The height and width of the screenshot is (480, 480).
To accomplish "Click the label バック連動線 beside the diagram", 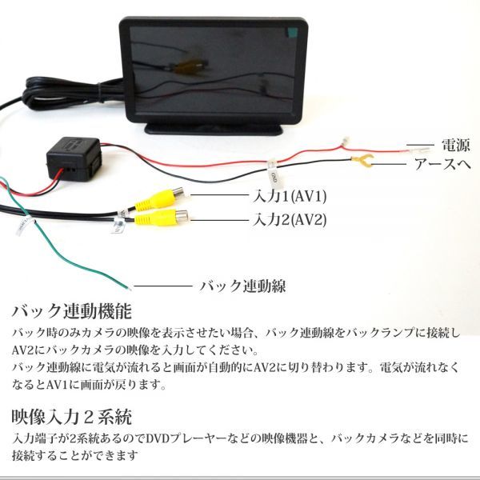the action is pos(242,285).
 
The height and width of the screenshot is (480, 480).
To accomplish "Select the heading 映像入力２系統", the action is pos(73,417).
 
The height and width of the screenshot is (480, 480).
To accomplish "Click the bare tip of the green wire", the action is pos(124,283).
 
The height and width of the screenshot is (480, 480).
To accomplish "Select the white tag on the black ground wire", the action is pos(273,171).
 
